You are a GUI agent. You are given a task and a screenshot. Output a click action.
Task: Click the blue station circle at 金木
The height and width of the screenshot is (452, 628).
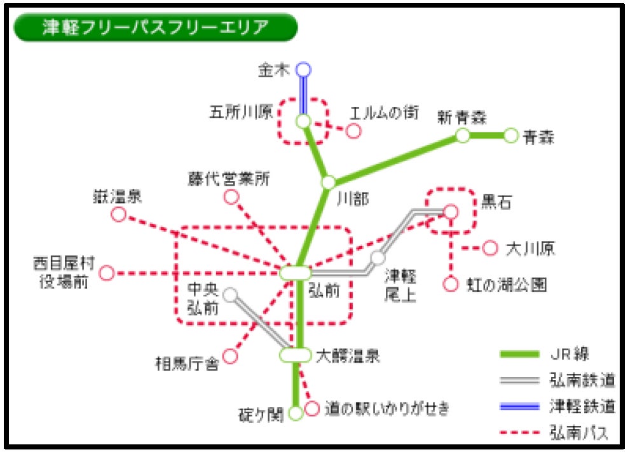[304, 69]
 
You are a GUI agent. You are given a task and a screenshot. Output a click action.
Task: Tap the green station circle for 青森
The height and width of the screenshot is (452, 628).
[511, 135]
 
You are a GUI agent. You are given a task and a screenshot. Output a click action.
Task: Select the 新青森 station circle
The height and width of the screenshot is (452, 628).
[463, 135]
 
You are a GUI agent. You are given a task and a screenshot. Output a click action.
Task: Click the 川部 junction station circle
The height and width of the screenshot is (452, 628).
[328, 182]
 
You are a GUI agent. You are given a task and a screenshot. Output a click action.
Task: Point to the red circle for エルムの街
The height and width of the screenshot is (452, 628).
[353, 131]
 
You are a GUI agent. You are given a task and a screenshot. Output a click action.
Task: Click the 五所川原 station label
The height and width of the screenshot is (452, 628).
[241, 113]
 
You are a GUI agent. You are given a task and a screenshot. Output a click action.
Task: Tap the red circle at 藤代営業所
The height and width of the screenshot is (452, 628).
[231, 197]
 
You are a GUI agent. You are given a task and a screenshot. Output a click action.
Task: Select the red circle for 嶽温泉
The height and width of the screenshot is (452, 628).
[119, 215]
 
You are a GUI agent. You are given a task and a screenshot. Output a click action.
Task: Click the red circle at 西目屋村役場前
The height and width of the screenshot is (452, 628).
[107, 273]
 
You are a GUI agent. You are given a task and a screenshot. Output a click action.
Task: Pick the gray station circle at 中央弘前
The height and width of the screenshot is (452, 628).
[230, 294]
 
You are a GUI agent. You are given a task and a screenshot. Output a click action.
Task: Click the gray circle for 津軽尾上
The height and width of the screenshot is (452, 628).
[378, 258]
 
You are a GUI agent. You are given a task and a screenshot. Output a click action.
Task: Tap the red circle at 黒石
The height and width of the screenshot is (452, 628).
[451, 211]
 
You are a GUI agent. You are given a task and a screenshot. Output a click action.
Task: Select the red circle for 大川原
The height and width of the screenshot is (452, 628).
[489, 248]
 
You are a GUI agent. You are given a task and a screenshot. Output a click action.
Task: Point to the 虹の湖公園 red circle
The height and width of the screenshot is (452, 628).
[451, 284]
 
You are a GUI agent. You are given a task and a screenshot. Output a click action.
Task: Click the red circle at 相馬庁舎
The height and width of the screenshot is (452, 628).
[230, 357]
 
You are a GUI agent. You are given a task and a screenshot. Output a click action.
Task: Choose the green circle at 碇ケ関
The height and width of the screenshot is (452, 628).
[296, 414]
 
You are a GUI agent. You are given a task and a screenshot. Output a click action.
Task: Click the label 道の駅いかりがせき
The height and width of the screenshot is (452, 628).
[386, 408]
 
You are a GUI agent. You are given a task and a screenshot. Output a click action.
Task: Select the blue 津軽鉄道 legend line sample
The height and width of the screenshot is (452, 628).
[519, 407]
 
